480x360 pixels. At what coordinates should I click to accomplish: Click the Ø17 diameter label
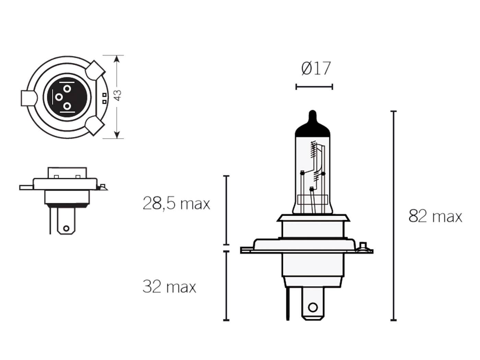pos(316,69)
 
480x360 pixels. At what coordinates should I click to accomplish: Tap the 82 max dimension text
pos(435,216)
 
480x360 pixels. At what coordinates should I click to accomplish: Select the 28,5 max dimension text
pos(176,204)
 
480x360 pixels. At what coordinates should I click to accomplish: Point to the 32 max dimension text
pos(169,287)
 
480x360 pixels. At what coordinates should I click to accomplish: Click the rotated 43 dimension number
pos(118,95)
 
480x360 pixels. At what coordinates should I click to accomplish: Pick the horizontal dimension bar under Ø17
pos(314,87)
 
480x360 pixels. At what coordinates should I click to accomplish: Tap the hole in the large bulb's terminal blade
pos(312,307)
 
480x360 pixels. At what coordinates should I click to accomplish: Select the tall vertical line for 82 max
pos(394,216)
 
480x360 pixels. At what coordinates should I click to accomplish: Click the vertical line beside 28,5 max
pos(226,210)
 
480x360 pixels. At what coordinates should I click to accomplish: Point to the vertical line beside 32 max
pos(226,286)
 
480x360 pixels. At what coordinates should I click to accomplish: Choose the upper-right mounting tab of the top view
pos(95,71)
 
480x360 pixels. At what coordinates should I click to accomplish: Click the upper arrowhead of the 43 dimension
pos(117,59)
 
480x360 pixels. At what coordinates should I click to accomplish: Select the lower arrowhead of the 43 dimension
pos(117,135)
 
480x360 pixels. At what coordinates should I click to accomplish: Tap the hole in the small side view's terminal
pos(66,228)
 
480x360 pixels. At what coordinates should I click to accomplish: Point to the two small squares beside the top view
pos(104,98)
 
